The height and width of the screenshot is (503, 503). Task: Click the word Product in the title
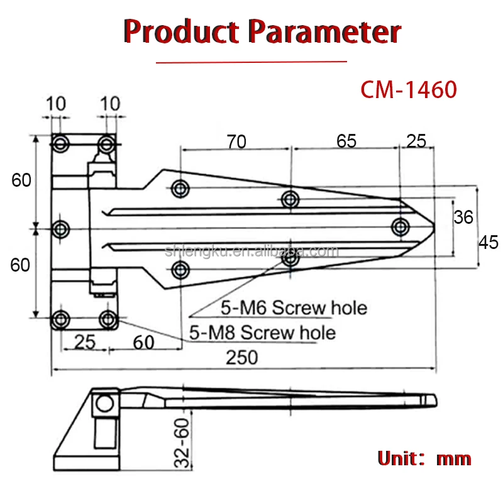pos(181,31)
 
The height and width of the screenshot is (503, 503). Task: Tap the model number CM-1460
pos(408,90)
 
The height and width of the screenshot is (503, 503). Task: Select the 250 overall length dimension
pos(242,357)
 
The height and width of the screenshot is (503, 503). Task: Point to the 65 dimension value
pos(346,141)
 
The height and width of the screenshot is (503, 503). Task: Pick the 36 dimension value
pos(463,218)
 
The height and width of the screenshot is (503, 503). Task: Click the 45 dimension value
pos(489,242)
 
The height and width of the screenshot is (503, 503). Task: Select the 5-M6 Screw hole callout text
pos(294,308)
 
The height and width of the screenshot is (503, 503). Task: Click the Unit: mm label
pos(424,458)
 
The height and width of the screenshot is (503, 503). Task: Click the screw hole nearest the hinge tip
pos(400,226)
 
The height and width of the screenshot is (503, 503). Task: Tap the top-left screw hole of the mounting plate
pos(61,143)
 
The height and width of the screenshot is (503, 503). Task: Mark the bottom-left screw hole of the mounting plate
pos(61,318)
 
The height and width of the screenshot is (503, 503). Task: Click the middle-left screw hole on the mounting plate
pos(61,229)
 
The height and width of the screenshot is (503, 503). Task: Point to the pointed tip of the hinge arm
pos(434,226)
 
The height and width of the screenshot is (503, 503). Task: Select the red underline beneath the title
pos(251,62)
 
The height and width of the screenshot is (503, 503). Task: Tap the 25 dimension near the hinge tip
pos(416,141)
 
